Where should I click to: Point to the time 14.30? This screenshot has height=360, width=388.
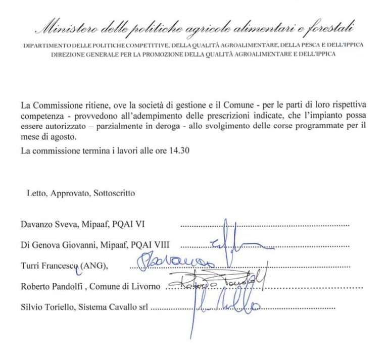178,151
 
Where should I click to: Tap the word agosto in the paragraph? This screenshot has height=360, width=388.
62,136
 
